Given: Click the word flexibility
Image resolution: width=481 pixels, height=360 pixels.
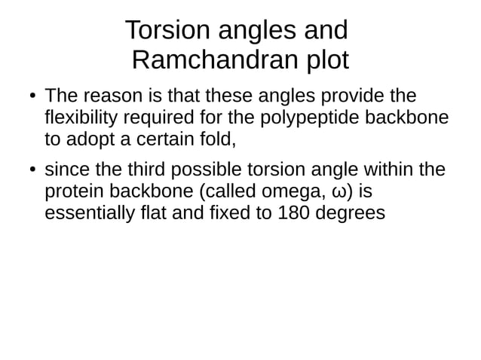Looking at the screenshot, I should (84, 118).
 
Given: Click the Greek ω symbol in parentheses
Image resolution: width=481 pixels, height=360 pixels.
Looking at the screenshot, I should (330, 193).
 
